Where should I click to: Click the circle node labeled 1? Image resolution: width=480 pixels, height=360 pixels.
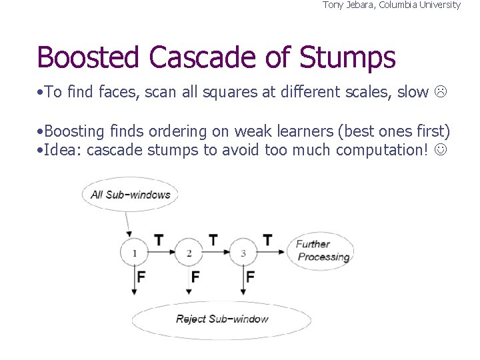(134, 253)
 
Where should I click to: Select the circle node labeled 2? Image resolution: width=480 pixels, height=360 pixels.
(189, 253)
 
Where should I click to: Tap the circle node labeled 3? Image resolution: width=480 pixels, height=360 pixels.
(243, 253)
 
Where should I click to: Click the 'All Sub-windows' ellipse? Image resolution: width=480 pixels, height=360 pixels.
(131, 195)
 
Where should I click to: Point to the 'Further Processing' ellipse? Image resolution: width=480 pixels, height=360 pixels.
(321, 251)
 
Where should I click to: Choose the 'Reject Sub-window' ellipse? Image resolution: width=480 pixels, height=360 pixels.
(221, 319)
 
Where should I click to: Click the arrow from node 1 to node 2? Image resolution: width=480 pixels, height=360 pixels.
(162, 253)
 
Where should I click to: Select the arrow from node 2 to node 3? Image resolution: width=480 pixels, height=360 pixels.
(217, 253)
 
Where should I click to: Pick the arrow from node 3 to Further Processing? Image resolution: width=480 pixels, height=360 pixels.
(272, 253)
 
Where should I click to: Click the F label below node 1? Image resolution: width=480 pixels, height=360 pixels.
(141, 276)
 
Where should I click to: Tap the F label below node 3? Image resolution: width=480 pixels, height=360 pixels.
(251, 276)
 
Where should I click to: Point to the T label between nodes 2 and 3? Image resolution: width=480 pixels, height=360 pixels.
(213, 239)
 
